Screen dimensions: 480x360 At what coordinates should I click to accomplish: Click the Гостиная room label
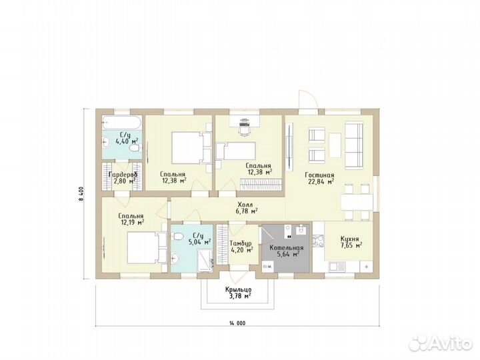[x=319, y=179]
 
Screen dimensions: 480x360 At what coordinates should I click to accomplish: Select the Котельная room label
[x=286, y=251]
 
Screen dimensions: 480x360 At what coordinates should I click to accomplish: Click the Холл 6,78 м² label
[x=247, y=207]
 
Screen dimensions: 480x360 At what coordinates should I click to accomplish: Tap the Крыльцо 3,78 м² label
[x=239, y=293]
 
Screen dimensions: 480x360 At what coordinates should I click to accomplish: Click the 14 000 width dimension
[x=237, y=323]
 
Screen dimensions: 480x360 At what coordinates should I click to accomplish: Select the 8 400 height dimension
[x=81, y=193]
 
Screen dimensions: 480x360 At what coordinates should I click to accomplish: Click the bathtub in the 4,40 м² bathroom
[x=122, y=123]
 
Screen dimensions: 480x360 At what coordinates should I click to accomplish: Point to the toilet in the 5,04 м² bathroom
[x=177, y=236]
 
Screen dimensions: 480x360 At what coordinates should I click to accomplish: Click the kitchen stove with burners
[x=319, y=241]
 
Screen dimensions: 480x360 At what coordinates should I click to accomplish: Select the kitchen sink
[x=337, y=267]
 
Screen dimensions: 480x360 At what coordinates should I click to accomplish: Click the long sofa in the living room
[x=354, y=145]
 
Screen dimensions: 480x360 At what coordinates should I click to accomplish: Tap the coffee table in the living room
[x=335, y=145]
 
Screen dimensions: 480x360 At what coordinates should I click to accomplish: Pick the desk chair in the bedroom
[x=244, y=130]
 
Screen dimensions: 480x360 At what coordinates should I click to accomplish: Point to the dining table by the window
[x=357, y=202]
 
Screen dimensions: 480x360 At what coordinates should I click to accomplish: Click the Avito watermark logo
[x=441, y=343]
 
